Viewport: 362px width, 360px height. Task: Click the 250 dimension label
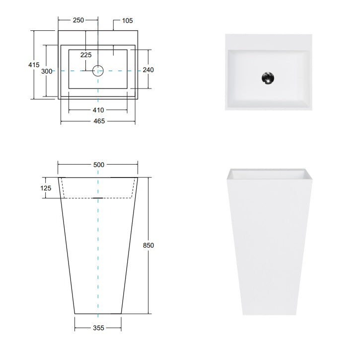[78, 20]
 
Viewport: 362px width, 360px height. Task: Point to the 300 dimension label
[47, 71]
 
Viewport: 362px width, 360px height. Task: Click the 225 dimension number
[86, 55]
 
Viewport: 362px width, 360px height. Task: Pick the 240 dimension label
[148, 70]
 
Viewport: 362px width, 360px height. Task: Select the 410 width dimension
[98, 110]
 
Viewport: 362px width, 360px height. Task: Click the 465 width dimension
[98, 121]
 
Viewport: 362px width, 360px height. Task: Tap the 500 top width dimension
[98, 165]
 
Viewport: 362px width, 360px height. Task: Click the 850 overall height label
[148, 246]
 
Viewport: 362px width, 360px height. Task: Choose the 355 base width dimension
[98, 328]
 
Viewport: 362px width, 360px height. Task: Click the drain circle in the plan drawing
[98, 71]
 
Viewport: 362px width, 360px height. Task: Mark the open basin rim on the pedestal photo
[268, 174]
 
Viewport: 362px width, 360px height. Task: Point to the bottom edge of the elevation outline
[98, 314]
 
